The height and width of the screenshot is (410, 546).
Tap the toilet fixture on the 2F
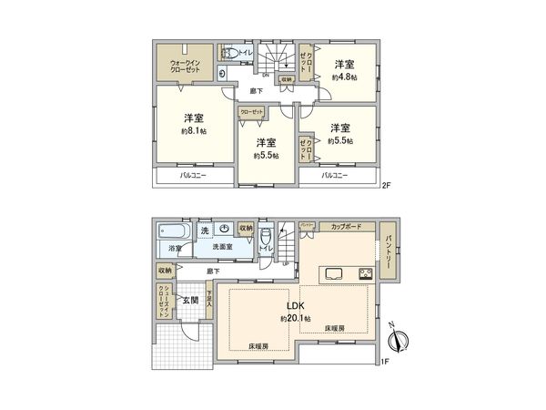pos(231,56)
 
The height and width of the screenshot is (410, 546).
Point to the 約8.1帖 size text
pos(193,131)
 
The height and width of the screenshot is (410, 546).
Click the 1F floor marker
pos(386,362)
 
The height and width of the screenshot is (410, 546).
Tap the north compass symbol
pos(397,342)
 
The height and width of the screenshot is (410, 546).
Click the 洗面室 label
pos(223,248)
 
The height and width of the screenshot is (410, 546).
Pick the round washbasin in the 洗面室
pos(225,231)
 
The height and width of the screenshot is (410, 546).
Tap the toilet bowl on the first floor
pos(266,233)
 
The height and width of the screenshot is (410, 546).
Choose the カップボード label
pos(346,225)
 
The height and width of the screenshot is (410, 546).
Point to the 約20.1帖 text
pos(295,319)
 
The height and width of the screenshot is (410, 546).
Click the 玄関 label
pos(188,299)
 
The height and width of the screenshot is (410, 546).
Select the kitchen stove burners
pos(366,272)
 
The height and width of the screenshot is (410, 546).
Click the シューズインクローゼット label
pos(164,300)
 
